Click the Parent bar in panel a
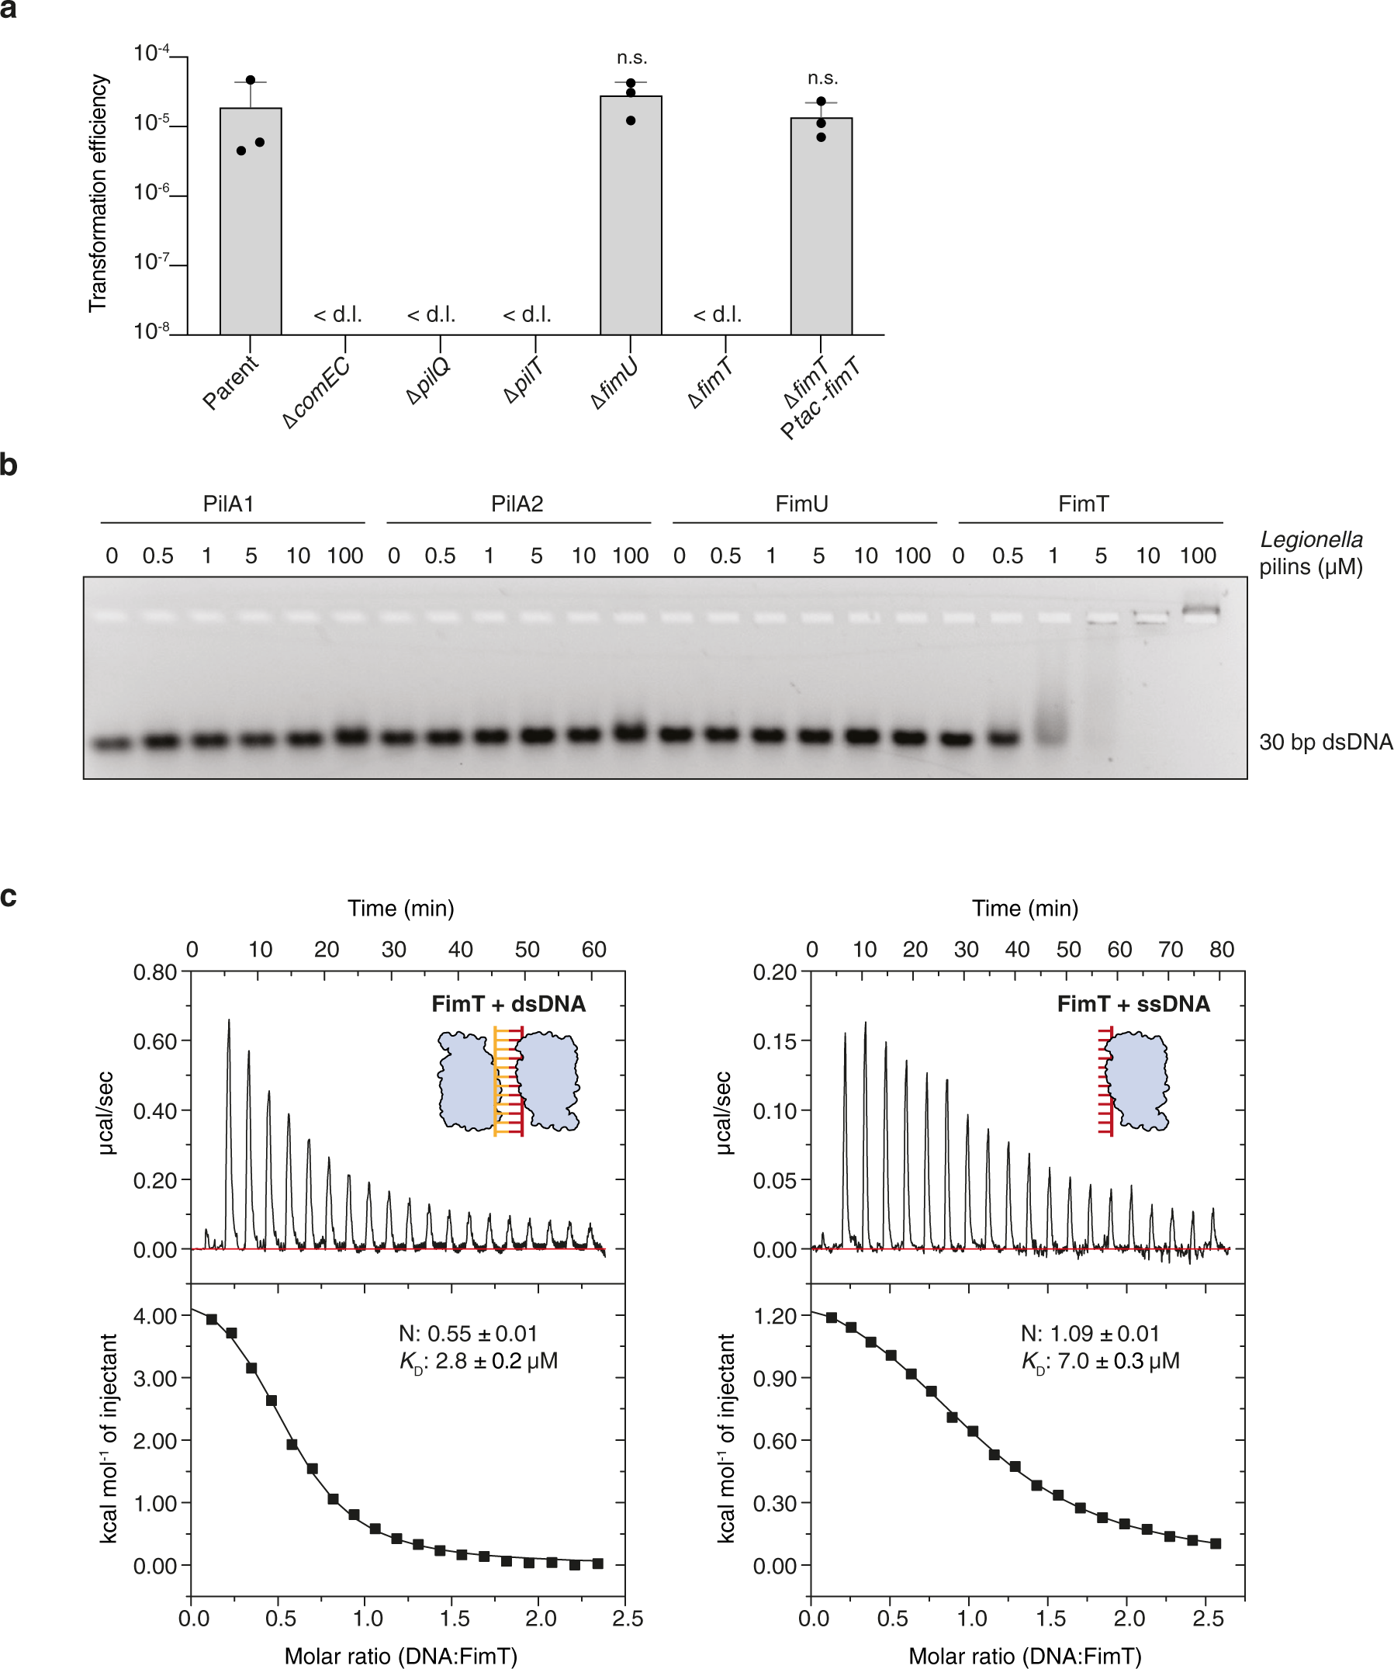[251, 223]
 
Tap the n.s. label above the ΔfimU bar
[631, 58]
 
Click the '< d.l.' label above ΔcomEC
[337, 316]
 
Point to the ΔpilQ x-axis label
[428, 381]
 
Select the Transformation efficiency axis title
[98, 193]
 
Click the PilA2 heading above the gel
[517, 504]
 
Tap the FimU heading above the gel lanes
[801, 504]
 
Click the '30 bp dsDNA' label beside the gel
[1325, 743]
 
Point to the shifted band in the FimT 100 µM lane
[1199, 611]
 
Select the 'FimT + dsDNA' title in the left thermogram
[509, 1005]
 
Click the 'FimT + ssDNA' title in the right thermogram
[1133, 1005]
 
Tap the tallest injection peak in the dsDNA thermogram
[229, 1025]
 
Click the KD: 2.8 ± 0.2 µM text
[479, 1362]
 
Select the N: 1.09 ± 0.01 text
[1090, 1334]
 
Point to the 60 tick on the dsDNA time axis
[593, 950]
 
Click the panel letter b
[9, 464]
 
